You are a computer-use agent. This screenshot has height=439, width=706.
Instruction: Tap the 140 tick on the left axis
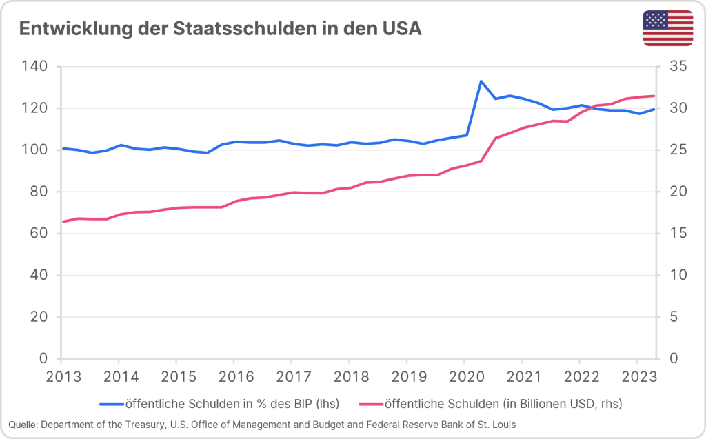pos(34,67)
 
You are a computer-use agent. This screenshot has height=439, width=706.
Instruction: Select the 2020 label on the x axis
pos(464,377)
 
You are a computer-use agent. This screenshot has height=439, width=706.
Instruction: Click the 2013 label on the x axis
pos(61,377)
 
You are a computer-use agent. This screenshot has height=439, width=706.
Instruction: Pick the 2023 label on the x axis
pos(636,377)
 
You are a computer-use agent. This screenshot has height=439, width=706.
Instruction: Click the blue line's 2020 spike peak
pos(481,81)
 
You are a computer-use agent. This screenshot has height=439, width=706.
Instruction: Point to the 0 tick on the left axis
pos(43,359)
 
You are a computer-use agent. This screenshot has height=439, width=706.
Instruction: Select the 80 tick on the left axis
pos(39,192)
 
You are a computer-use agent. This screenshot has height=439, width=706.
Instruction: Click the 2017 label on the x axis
pos(291,377)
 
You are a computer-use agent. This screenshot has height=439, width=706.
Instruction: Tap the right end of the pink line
pos(654,96)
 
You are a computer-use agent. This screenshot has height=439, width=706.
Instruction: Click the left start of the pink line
pos(63,221)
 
